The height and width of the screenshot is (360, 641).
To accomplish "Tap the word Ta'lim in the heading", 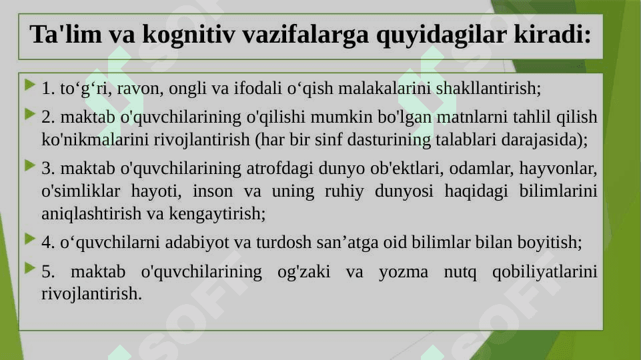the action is [65, 34].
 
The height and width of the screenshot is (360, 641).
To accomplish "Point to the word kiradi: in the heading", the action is [552, 34].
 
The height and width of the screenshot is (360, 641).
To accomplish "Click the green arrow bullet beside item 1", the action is [30, 85].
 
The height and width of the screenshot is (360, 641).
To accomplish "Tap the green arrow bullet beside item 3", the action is [30, 165].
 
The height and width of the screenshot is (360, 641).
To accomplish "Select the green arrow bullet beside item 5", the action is [30, 268].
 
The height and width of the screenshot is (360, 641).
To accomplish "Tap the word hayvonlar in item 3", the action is [556, 169].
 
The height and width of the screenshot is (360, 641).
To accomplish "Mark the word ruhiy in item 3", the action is [344, 191].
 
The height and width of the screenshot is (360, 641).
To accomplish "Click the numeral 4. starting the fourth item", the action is [48, 243].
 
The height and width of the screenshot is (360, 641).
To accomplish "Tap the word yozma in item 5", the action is [403, 272].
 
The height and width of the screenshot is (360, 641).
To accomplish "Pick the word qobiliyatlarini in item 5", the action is [544, 272].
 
